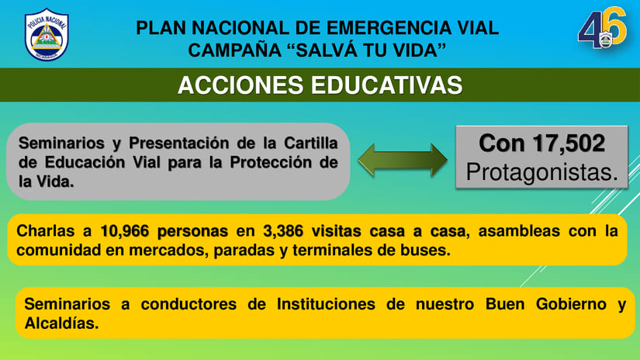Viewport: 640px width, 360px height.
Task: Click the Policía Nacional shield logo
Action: [x=47, y=35]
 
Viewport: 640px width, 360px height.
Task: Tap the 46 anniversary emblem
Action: [x=602, y=28]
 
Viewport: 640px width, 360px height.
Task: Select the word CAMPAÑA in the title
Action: [x=235, y=50]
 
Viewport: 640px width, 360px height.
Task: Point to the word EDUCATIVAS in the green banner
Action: [x=386, y=85]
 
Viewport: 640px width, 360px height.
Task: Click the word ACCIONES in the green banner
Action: [x=240, y=85]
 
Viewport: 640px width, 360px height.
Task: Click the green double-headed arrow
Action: [x=403, y=160]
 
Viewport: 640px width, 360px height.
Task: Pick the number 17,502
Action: [x=569, y=144]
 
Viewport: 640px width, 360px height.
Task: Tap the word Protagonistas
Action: [x=542, y=171]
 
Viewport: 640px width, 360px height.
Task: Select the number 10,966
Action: [x=123, y=231]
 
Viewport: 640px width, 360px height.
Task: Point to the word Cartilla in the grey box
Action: [x=311, y=144]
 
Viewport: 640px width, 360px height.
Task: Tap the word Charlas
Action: [x=45, y=231]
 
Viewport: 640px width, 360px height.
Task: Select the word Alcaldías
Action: [x=61, y=324]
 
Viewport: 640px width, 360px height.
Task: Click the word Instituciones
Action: [x=326, y=304]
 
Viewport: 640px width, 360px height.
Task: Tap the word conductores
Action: [x=189, y=304]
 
